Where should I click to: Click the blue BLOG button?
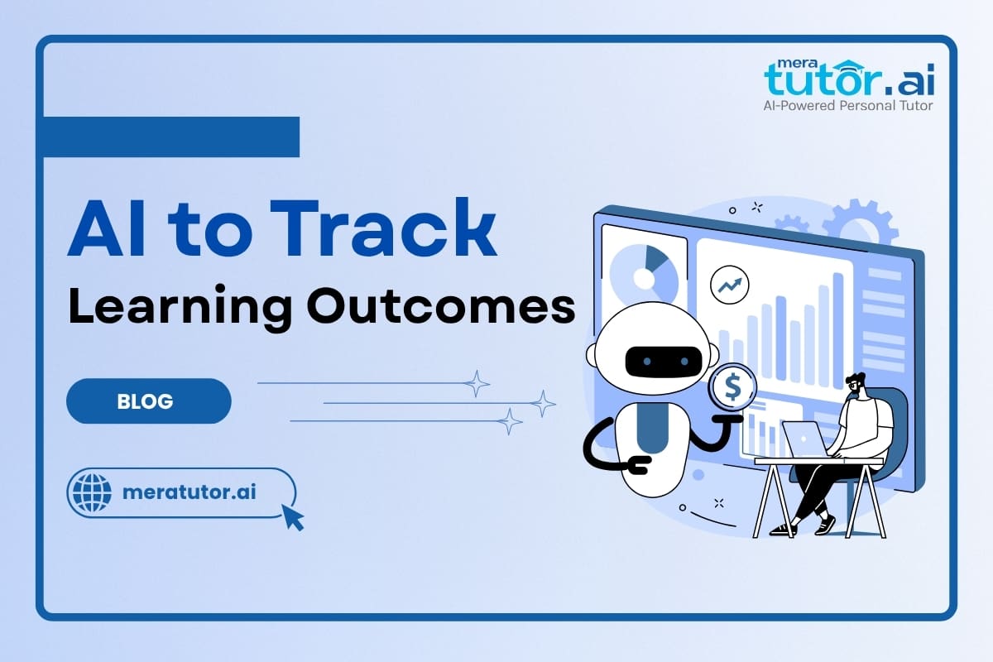click(x=148, y=401)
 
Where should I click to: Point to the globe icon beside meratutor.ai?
click(x=92, y=492)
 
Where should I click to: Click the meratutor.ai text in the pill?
click(x=189, y=492)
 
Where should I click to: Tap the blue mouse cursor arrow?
click(x=292, y=516)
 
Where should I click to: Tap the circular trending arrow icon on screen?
click(x=729, y=285)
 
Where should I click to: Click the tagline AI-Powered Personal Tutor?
click(x=847, y=105)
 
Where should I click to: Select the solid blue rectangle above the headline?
click(x=170, y=137)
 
